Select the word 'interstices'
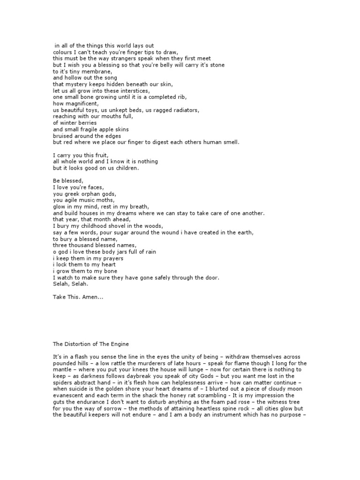(x=133, y=90)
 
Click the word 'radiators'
(x=183, y=110)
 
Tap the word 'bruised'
(x=63, y=136)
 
